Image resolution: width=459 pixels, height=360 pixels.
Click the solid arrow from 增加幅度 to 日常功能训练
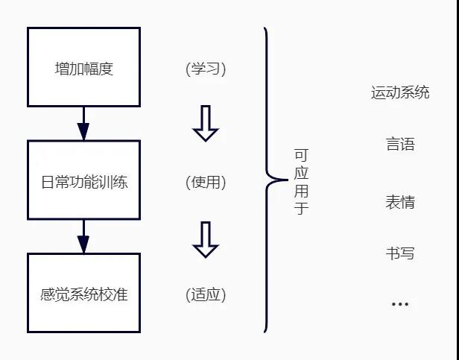[83, 123]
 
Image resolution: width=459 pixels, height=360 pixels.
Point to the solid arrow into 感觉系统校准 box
[83, 236]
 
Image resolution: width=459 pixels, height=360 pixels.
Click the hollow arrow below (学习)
[206, 123]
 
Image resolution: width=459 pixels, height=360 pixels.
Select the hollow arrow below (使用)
[206, 239]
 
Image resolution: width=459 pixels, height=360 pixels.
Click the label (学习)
[206, 69]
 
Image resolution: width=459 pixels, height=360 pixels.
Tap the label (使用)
[206, 182]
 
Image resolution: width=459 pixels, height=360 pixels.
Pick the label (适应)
[206, 294]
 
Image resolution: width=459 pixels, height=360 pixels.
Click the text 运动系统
[400, 92]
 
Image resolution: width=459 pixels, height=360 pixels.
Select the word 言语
[400, 144]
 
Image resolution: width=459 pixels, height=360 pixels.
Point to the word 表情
[400, 202]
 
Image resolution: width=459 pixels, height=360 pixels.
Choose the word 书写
[400, 253]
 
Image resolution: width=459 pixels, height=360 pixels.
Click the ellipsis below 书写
[400, 304]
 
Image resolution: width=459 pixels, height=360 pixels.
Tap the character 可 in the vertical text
[301, 155]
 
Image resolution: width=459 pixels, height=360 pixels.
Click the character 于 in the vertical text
[301, 207]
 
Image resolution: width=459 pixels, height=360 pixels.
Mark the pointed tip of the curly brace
[288, 180]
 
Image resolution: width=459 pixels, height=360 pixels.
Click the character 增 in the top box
[62, 69]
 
